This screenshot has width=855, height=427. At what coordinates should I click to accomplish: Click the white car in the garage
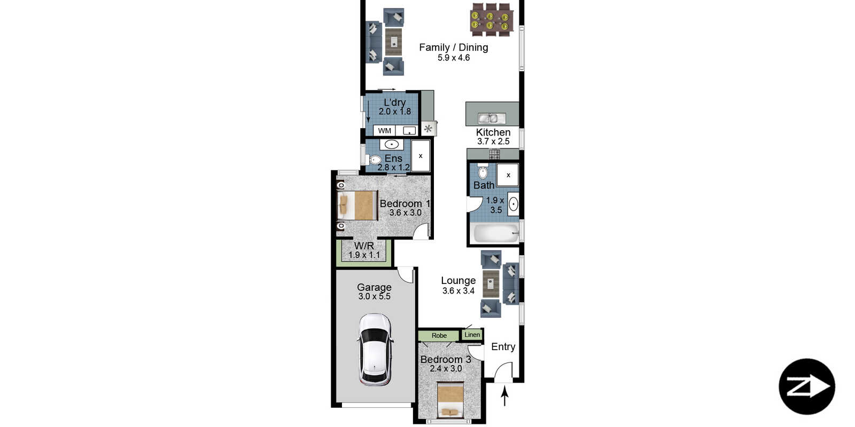[375, 350]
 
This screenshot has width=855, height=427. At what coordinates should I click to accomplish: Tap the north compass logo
[806, 386]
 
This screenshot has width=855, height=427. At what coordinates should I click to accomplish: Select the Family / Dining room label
[454, 48]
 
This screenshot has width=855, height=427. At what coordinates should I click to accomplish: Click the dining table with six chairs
[490, 19]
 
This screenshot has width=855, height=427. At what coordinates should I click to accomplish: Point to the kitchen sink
[492, 118]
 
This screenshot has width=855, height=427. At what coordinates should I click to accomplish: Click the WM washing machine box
[384, 131]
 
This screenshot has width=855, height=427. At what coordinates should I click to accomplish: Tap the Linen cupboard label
[472, 335]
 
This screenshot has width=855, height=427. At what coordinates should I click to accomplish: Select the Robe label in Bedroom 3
[439, 336]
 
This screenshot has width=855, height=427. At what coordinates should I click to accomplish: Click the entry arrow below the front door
[504, 396]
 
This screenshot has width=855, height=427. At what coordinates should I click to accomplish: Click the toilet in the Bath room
[483, 171]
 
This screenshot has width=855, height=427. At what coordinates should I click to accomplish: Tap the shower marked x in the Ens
[420, 155]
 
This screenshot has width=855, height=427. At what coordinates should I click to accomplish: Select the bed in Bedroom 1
[357, 205]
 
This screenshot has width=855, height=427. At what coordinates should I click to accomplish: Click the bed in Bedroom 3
[450, 400]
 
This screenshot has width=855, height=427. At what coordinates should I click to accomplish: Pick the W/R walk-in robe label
[364, 246]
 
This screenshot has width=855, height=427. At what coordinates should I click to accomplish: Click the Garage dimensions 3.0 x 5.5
[374, 297]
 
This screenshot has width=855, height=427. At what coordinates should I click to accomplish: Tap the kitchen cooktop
[494, 154]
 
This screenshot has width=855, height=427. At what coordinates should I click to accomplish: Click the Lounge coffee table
[491, 283]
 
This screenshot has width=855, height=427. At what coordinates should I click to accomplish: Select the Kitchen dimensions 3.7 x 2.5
[493, 141]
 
